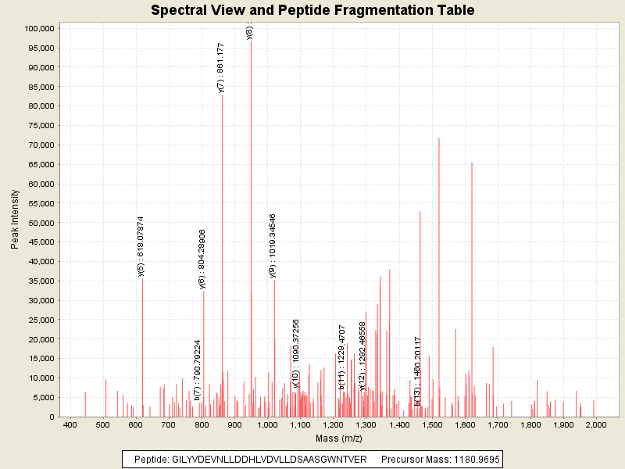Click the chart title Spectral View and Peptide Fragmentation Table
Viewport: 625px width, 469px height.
[x=312, y=10]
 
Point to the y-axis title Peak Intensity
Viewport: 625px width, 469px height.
[x=16, y=223]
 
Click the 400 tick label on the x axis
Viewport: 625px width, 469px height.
[x=70, y=424]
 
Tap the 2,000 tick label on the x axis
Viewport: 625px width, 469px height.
[x=595, y=424]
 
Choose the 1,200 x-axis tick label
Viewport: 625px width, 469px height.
[x=333, y=424]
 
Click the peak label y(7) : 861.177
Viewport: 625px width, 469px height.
[x=220, y=68]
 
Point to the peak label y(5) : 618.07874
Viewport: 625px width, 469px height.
[x=141, y=247]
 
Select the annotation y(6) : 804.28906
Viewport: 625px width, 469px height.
[x=202, y=259]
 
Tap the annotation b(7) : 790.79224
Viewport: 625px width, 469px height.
[x=197, y=371]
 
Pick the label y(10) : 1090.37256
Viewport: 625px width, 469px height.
[x=296, y=353]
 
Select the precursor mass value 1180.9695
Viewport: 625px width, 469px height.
[x=473, y=459]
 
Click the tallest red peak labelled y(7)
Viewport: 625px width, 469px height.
[x=223, y=234]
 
